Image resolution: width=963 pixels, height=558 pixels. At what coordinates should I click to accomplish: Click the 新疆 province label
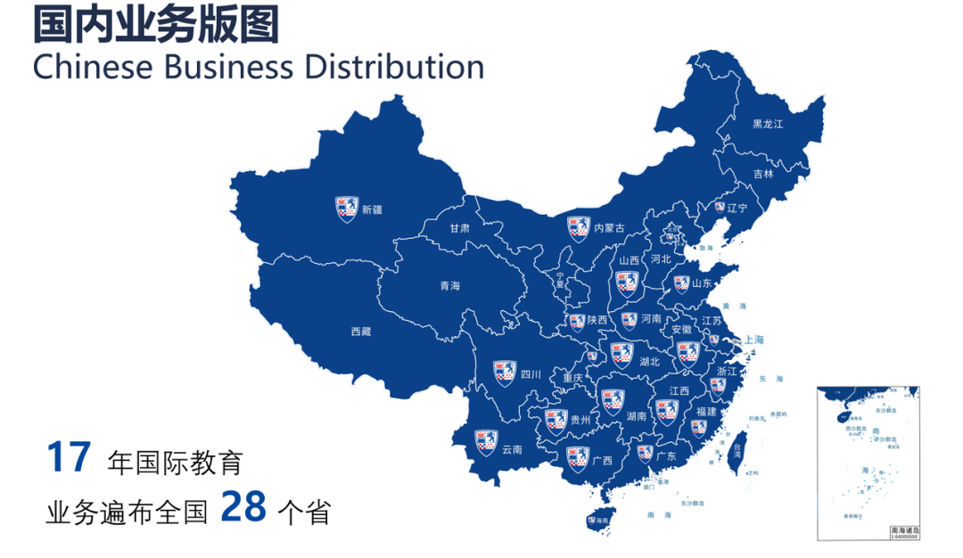coord(372,210)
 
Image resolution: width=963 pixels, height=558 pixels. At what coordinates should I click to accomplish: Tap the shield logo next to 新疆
coord(346,209)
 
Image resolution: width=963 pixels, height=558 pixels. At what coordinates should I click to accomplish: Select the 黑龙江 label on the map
coord(767,124)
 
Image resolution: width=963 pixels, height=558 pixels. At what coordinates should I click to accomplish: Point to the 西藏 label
coord(360,332)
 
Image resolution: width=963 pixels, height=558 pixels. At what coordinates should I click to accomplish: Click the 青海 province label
coord(449,286)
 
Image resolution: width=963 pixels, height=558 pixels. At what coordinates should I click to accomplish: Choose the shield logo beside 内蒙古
coord(580,227)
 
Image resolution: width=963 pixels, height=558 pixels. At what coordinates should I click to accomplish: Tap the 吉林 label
coord(763,174)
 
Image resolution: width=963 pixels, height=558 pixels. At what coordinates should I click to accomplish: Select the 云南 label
coord(512,450)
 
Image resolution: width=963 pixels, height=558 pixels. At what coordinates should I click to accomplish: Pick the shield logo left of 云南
coord(485,443)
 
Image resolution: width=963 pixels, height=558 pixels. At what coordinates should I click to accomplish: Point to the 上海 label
coord(753,340)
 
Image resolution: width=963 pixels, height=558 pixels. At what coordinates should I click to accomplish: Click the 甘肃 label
coord(459,228)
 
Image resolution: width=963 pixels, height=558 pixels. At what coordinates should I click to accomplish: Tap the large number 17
coord(69,457)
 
